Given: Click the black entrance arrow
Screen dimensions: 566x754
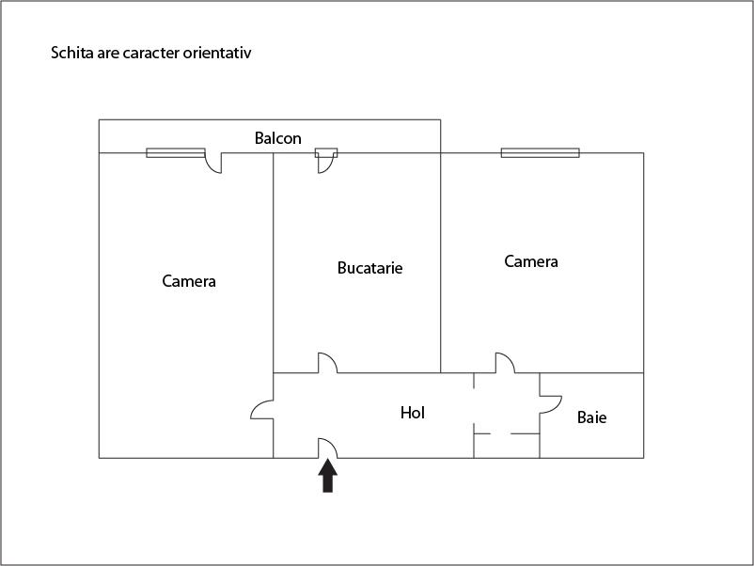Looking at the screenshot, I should point(327,476).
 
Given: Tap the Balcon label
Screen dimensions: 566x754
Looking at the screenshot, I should point(278,138).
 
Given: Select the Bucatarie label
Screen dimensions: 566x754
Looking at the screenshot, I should point(369,268).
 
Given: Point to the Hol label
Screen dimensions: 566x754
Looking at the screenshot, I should point(413,412).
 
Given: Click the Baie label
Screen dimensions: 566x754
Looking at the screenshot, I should point(591,417).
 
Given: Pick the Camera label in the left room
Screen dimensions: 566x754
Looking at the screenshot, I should point(189,280).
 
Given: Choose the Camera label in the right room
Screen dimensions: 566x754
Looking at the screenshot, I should point(531,261).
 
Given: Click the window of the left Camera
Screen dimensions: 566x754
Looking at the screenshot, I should point(176,152).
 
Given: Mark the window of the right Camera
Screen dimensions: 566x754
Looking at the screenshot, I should point(540,152).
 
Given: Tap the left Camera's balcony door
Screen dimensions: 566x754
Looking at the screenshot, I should point(213,163).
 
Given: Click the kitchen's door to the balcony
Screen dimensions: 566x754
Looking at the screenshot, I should point(326,161).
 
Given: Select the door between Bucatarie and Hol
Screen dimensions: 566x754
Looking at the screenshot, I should point(328,363).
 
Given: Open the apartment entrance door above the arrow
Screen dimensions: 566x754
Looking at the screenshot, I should point(327,448).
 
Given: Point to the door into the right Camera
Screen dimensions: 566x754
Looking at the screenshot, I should point(505,363).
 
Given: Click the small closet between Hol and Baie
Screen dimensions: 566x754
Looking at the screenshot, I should point(506,446).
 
